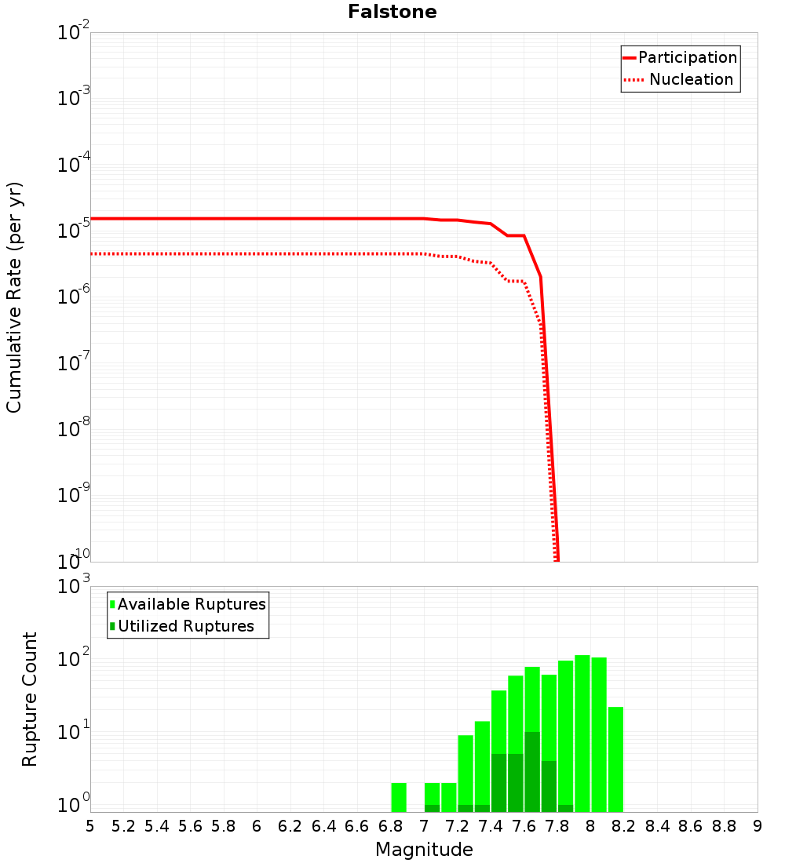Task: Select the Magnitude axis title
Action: click(424, 850)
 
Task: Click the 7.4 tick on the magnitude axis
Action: click(491, 826)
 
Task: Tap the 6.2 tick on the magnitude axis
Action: click(290, 826)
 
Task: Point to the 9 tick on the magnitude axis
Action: click(757, 826)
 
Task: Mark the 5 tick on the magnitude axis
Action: click(90, 826)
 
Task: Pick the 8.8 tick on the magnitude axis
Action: click(724, 826)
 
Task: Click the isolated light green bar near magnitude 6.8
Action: click(399, 797)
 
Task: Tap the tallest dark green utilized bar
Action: click(532, 772)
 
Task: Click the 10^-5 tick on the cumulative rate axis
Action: click(73, 231)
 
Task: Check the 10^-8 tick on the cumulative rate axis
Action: click(73, 429)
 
